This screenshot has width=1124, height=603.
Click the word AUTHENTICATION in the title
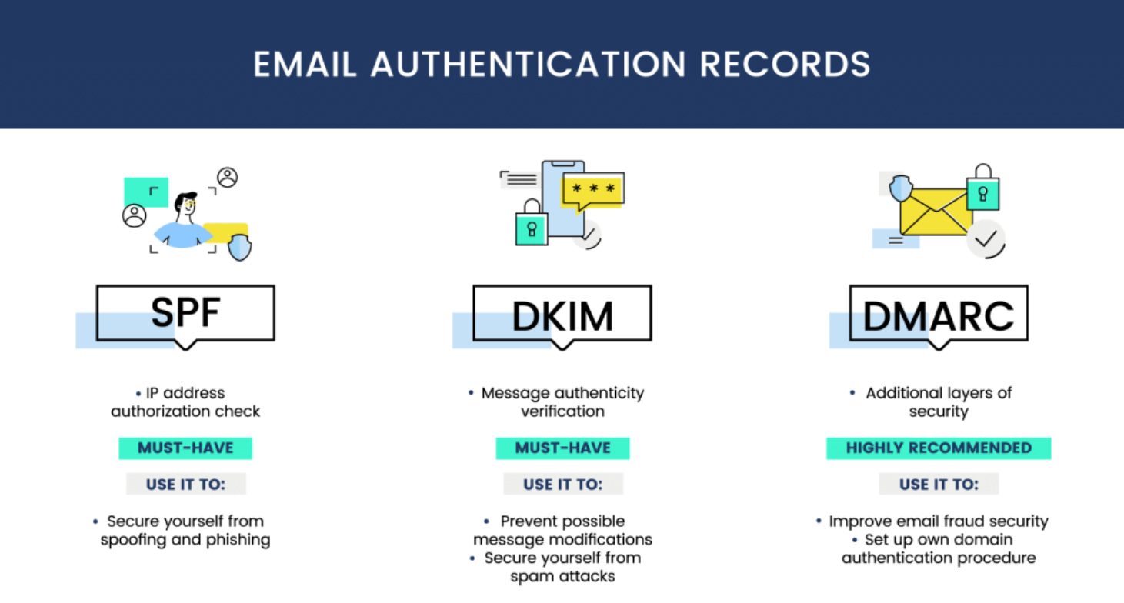[x=527, y=65]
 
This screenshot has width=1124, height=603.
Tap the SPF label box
[x=185, y=312]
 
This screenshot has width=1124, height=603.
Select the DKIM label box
[x=562, y=313]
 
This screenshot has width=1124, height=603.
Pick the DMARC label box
[x=939, y=313]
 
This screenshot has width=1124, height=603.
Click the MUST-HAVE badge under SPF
[x=185, y=448]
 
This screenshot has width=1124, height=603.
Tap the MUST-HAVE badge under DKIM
[x=562, y=448]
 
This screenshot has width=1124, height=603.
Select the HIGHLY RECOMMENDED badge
[x=939, y=448]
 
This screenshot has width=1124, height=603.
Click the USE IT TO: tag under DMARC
[x=939, y=485]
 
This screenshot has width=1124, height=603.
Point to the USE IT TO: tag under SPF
[x=185, y=485]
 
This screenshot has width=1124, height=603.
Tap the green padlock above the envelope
[x=982, y=189]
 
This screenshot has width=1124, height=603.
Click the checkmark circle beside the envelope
[x=986, y=239]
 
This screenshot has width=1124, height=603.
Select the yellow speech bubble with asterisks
[x=592, y=189]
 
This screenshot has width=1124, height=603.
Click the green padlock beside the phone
[x=531, y=224]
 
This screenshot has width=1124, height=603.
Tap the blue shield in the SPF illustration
[x=240, y=247]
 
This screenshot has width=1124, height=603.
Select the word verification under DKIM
[x=562, y=411]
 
